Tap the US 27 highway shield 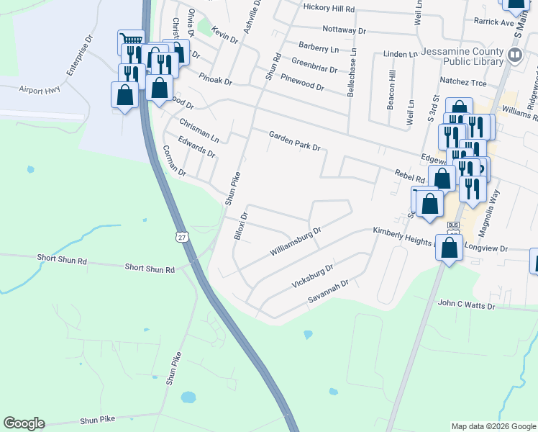pos(181,236)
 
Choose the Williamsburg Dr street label pos(294,242)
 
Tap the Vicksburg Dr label pos(312,276)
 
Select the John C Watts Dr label pos(467,306)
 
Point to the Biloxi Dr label pos(241,226)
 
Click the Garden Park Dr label pos(294,140)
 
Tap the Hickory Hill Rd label pos(329,9)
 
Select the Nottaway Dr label pos(345,30)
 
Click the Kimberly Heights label pos(403,233)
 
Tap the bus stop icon pos(453,225)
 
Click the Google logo pos(24,423)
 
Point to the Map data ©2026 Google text pos(493,426)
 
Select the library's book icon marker pos(514,55)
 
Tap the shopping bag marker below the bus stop pos(450,249)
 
